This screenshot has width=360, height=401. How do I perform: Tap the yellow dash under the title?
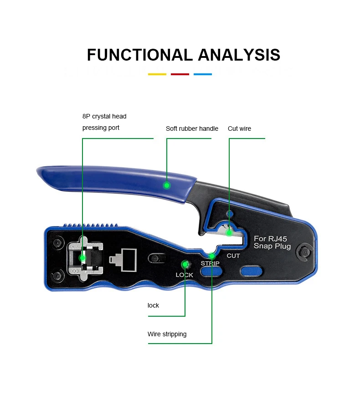click(157, 74)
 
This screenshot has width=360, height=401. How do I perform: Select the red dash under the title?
click(180, 74)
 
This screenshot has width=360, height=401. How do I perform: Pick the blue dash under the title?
click(203, 74)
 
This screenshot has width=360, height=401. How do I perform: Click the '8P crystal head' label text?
click(104, 117)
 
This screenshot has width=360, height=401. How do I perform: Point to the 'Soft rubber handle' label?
click(192, 129)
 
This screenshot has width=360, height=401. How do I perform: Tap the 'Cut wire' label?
click(239, 129)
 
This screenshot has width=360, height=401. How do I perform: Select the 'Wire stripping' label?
click(167, 334)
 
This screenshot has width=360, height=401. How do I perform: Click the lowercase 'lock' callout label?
click(153, 305)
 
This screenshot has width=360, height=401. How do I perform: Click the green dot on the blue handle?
click(167, 185)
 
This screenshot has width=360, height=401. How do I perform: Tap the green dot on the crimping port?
click(82, 257)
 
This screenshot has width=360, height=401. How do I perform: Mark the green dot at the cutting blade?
click(229, 233)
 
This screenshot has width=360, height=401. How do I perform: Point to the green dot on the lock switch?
click(185, 264)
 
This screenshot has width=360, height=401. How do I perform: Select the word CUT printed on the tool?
click(233, 256)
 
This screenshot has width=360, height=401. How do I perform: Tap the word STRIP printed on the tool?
click(210, 264)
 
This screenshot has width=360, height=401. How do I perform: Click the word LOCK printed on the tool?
click(185, 275)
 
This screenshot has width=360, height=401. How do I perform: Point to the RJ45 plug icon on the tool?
click(123, 258)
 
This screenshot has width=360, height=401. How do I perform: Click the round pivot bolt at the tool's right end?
click(303, 251)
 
